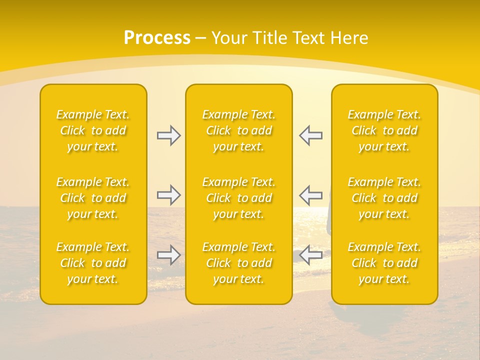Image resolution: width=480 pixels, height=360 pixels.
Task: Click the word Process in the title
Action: [x=157, y=38]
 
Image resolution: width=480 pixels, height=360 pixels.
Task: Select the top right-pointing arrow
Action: [x=169, y=135]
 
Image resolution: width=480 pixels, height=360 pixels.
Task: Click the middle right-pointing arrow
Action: [x=169, y=195]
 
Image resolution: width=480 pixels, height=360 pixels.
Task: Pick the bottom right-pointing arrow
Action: [x=169, y=255]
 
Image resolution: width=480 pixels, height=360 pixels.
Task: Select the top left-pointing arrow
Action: [x=310, y=135]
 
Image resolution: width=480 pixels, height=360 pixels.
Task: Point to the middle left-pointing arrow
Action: [x=310, y=195]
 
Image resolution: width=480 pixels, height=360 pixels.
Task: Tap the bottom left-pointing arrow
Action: [x=310, y=255]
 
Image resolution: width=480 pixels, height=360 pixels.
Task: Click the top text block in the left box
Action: [x=93, y=130]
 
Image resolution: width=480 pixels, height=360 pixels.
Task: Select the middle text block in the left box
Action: [x=93, y=198]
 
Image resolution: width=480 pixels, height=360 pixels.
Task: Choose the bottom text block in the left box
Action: [x=93, y=263]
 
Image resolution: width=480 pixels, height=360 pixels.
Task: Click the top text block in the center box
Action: [x=239, y=130]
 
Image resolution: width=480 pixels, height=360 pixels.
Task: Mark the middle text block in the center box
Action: [x=239, y=198]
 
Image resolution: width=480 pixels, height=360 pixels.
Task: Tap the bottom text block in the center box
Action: [x=239, y=263]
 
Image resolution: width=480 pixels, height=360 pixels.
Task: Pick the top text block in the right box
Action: [x=384, y=130]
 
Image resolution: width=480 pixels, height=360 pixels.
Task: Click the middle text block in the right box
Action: [x=384, y=198]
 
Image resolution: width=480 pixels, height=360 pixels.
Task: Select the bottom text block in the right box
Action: [x=384, y=263]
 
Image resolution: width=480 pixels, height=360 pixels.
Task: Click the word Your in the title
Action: [x=228, y=38]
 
